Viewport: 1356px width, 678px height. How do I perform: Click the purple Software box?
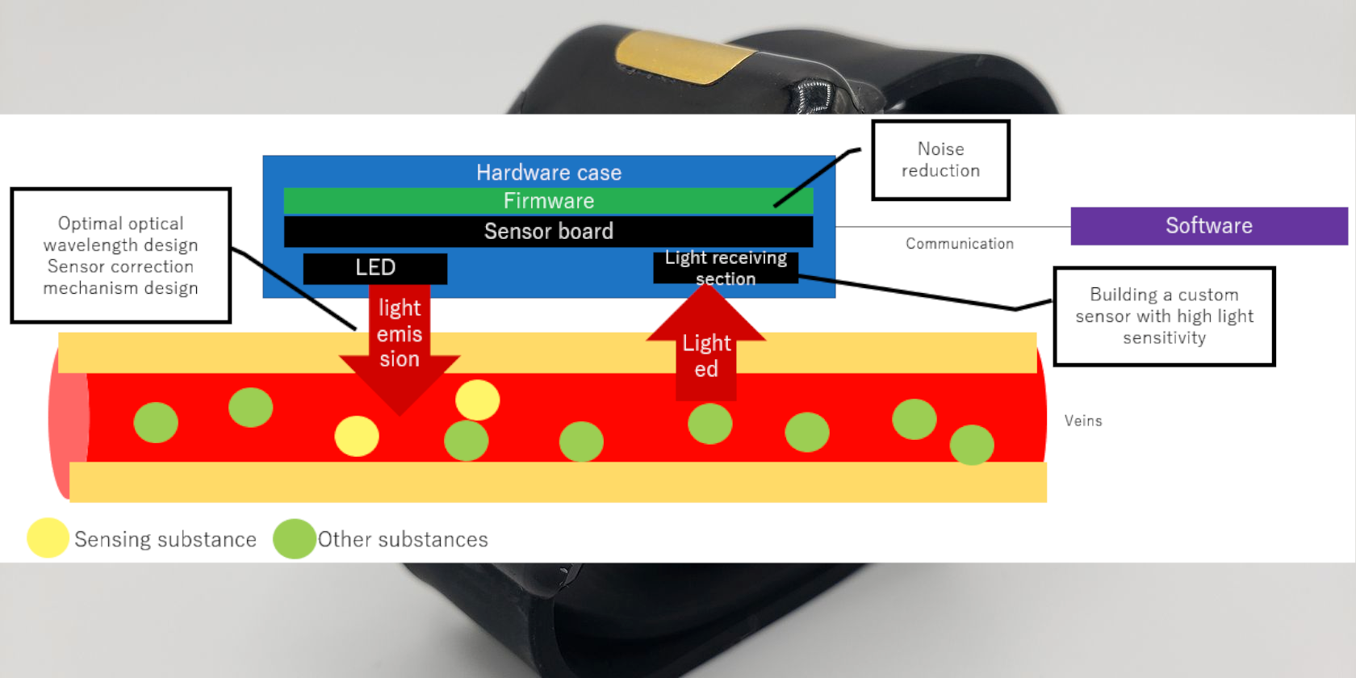[1208, 226]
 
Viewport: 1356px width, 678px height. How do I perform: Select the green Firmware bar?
[548, 201]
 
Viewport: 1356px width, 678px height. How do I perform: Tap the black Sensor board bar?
[548, 232]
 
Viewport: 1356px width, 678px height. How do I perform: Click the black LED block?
[375, 268]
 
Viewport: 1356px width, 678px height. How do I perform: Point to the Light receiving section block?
[725, 268]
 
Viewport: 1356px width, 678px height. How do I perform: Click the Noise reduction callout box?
[940, 160]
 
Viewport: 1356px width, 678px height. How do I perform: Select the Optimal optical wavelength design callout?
[120, 255]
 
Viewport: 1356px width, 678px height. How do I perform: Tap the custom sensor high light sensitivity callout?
[1164, 316]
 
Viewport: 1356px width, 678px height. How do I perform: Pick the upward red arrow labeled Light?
[706, 347]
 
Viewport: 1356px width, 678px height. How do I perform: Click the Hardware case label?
[548, 173]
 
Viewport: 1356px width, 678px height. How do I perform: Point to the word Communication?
[959, 244]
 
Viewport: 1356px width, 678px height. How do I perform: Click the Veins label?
[1082, 421]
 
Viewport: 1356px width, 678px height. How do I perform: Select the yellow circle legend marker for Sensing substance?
[48, 538]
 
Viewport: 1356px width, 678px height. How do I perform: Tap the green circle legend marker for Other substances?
[294, 538]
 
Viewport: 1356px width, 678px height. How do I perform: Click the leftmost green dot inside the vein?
[156, 422]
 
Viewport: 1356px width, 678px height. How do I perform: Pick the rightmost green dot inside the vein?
[972, 445]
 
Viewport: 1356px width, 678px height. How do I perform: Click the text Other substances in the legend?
[403, 539]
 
